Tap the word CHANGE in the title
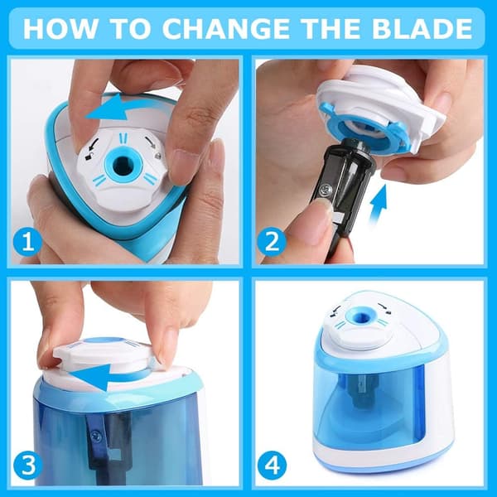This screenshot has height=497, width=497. [226, 28]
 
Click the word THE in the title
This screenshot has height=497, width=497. [331, 28]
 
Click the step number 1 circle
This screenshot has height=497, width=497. [28, 244]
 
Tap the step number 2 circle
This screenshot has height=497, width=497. [272, 244]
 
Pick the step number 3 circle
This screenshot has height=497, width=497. [28, 466]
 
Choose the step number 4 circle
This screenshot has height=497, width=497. [272, 466]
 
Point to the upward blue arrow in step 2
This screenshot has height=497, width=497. [379, 204]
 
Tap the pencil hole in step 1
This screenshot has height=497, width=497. [123, 165]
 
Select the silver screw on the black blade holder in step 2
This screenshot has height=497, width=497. [326, 191]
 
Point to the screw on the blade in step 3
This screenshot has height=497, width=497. [95, 435]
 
